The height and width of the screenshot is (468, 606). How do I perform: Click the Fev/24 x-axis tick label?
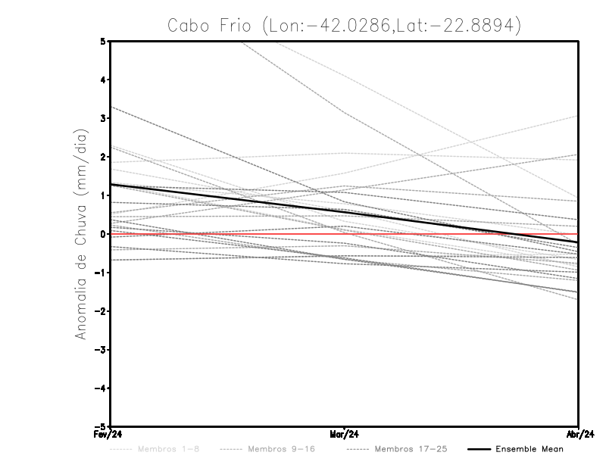109,435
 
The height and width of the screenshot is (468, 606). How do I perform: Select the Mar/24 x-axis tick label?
345,435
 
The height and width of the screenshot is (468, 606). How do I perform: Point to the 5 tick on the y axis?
103,41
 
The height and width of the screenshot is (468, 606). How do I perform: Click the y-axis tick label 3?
103,118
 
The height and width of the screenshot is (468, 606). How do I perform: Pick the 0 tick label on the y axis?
103,234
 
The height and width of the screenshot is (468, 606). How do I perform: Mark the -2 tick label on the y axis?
100,311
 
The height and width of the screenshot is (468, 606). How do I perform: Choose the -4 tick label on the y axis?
100,388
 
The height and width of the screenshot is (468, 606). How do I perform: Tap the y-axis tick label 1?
103,195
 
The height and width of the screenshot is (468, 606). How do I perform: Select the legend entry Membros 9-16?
281,449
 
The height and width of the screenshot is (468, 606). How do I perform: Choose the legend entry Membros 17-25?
411,449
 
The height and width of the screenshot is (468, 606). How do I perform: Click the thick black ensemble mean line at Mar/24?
345,214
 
